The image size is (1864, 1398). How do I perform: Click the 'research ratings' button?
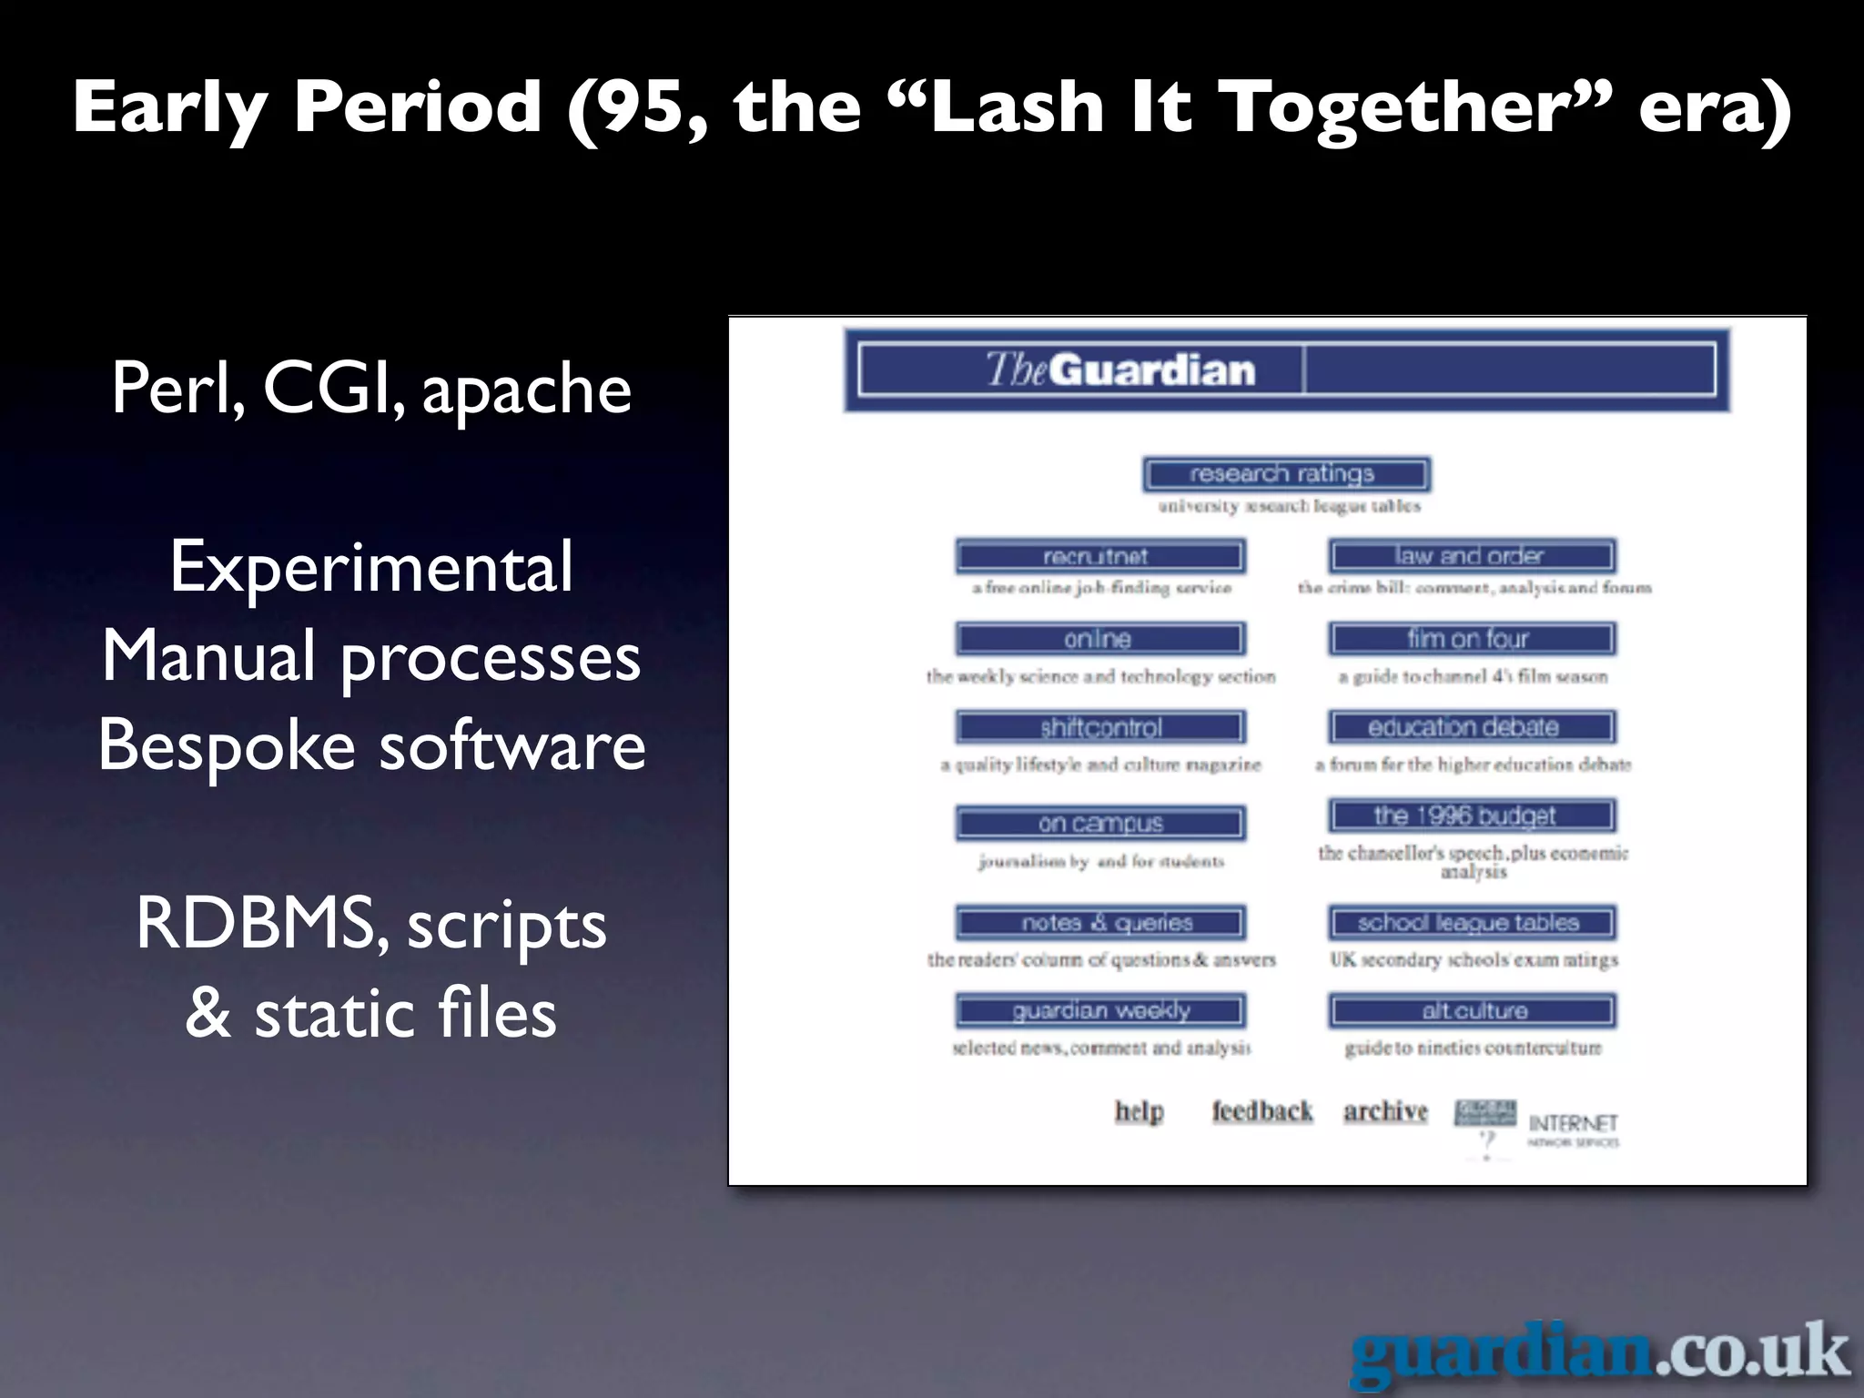pos(1286,474)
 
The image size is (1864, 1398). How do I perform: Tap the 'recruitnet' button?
pos(1099,555)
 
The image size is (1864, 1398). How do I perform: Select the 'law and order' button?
pos(1471,555)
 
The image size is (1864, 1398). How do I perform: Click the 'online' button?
pos(1099,639)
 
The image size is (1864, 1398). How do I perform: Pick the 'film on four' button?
pos(1471,639)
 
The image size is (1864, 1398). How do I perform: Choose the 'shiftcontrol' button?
pos(1099,727)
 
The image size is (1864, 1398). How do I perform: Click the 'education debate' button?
pos(1471,727)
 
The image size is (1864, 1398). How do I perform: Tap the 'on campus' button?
pos(1099,823)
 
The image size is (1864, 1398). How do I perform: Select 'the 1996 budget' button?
pos(1471,815)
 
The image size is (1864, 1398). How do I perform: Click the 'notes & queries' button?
pos(1099,922)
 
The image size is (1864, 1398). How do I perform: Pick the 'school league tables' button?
pos(1471,922)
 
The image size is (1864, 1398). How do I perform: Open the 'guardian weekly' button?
pos(1099,1010)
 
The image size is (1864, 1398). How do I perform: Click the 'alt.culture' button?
pos(1471,1010)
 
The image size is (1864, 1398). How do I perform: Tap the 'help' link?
pos(1139,1111)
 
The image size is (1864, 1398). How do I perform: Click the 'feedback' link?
pos(1261,1111)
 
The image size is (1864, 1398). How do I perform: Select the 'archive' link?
pos(1385,1111)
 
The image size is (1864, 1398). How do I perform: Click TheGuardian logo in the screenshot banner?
pos(1120,370)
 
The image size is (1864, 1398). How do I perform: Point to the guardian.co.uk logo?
pos(1600,1353)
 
